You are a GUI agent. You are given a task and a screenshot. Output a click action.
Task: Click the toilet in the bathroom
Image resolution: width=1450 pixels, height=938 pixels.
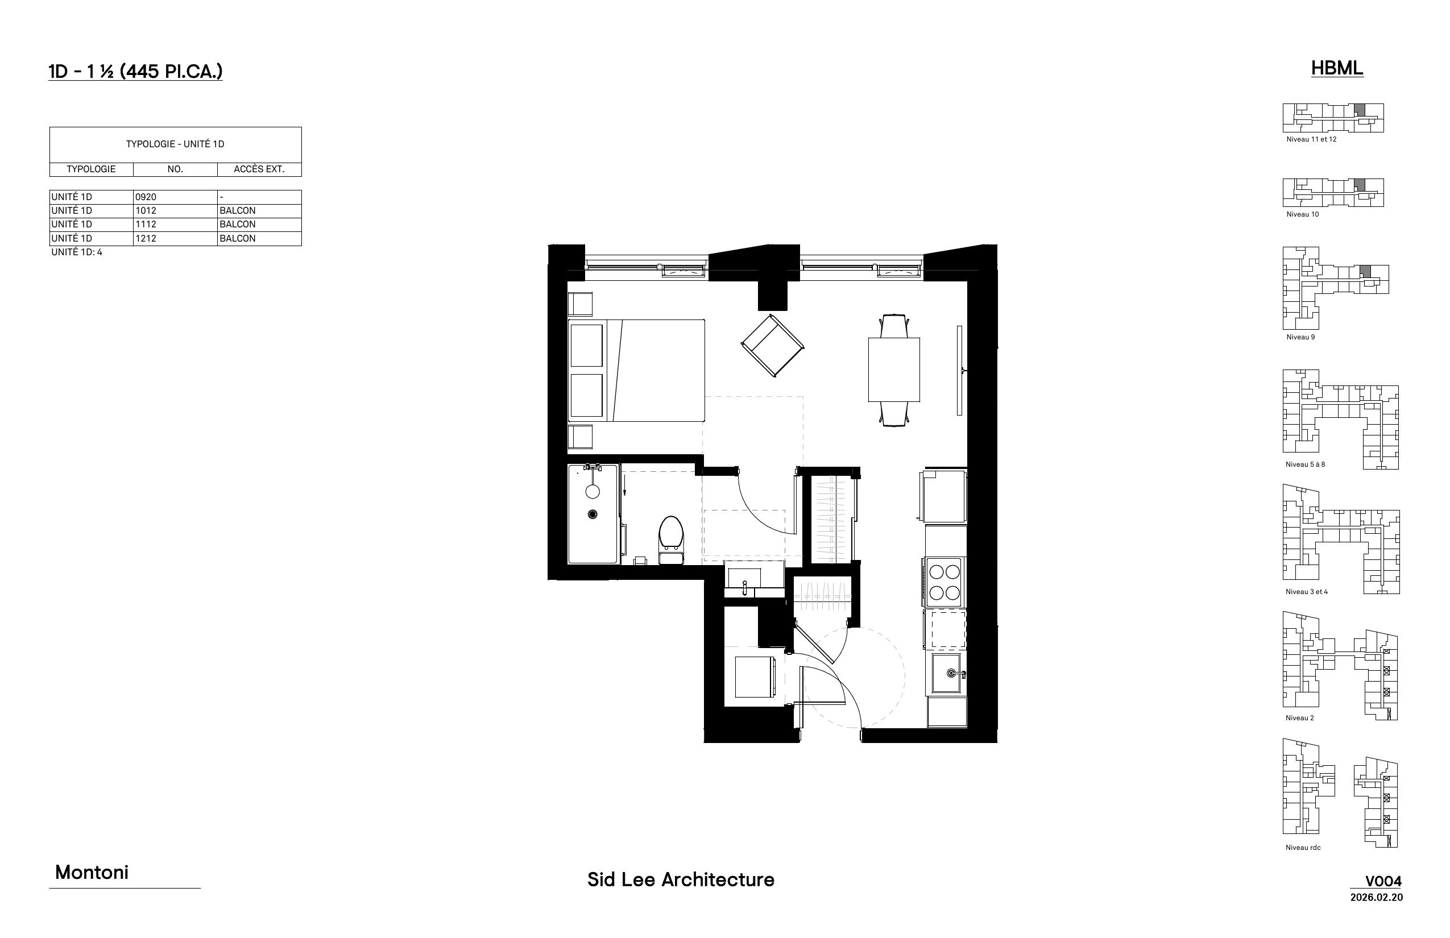point(671,539)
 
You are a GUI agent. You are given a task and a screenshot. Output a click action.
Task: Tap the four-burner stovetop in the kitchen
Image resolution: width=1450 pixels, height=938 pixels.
point(944,582)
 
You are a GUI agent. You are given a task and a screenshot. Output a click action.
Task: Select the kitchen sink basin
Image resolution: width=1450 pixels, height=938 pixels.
point(946,673)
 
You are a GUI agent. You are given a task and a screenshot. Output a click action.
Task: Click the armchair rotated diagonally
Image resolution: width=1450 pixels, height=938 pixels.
point(773,346)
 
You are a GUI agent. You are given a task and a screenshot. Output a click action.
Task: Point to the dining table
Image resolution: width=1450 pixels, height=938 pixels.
point(894,370)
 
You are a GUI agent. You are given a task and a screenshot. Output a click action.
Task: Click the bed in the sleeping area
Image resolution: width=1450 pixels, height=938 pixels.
point(636,370)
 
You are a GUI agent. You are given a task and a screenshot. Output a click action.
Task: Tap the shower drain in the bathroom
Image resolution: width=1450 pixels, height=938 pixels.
point(592,514)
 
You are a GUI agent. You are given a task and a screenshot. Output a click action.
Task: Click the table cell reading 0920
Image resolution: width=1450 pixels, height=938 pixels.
point(146,197)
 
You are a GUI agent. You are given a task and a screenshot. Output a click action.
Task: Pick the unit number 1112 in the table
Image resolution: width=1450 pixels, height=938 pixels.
point(146,224)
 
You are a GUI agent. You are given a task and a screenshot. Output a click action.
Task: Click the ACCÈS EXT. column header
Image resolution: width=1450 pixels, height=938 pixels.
point(259,169)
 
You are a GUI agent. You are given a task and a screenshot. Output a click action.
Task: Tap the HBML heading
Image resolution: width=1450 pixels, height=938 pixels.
point(1337,68)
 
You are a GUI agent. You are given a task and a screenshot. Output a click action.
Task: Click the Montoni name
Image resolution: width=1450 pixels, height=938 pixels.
point(92,872)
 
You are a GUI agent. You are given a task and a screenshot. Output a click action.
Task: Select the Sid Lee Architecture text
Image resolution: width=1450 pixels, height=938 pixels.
point(681,879)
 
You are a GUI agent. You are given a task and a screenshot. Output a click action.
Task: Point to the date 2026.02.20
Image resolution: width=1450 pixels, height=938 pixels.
point(1376,897)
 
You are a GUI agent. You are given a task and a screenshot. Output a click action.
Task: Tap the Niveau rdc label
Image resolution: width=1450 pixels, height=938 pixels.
point(1303,847)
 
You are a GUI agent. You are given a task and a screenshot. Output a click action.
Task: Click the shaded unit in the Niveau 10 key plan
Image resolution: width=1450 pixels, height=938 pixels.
point(1359,185)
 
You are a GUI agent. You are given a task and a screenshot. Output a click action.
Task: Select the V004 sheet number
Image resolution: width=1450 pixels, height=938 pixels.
point(1383,881)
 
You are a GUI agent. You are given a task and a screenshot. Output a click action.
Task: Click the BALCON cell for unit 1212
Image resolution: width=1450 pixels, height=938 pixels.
point(238,238)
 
